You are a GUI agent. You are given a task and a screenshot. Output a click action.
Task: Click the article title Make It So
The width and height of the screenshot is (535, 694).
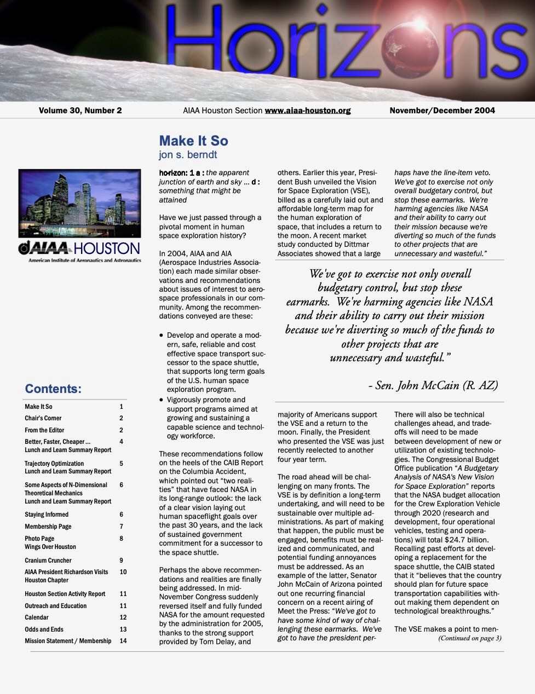point(193,141)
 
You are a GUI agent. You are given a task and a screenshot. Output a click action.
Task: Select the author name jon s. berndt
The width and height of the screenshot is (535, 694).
point(188,155)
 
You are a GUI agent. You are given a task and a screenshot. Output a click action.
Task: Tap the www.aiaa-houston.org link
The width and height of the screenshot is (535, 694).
point(307,111)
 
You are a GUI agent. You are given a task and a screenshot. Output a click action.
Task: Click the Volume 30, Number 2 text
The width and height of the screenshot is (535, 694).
point(80,111)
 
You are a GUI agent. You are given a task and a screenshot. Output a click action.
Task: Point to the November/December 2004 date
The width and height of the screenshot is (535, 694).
point(442,111)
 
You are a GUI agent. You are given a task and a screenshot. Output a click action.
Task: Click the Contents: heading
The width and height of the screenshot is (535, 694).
point(53,389)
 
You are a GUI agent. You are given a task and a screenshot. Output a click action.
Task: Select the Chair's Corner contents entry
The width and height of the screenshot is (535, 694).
point(43,418)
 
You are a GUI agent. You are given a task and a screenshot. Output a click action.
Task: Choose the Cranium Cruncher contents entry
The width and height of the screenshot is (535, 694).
point(48,560)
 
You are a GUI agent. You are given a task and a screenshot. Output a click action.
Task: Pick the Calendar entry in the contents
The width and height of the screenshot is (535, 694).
point(37,617)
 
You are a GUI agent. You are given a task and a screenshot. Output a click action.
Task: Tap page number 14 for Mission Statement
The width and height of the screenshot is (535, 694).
point(123,641)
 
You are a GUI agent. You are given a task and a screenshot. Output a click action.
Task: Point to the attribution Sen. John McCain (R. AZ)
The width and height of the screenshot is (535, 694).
point(433,385)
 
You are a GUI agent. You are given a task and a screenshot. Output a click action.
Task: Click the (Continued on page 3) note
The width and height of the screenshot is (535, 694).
point(469,638)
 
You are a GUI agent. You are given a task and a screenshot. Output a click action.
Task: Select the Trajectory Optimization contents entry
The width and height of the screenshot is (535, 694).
point(54,464)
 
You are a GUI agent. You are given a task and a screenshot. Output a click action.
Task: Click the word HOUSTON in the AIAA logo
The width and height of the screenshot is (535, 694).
point(106,249)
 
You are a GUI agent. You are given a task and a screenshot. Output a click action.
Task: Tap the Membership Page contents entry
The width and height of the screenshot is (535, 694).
point(48,527)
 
